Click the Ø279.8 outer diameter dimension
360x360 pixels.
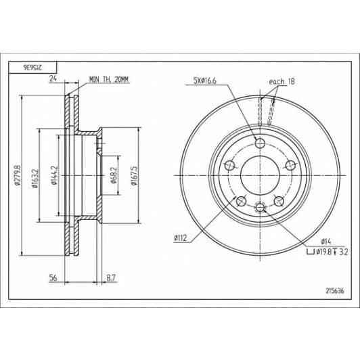17,175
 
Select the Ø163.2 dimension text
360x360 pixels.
35,179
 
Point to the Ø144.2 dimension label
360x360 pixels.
54,175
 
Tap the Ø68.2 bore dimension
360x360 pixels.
114,175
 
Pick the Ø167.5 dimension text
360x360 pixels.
133,176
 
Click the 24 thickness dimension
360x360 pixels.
53,78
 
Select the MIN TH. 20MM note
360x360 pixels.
109,79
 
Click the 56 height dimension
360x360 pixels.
53,278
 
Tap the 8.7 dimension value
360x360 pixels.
111,278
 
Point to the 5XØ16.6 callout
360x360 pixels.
205,81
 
